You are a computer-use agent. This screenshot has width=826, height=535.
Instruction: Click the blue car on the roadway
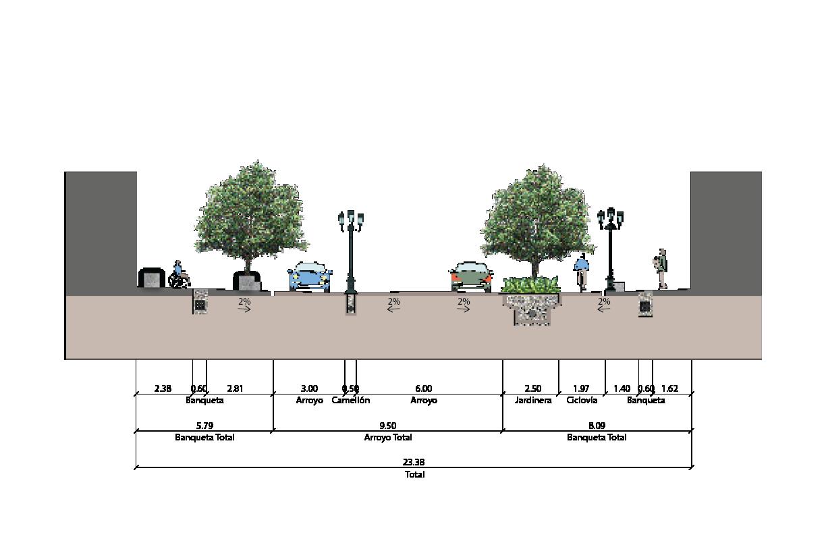tap(310, 277)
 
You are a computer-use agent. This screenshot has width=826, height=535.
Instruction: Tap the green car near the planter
tap(471, 276)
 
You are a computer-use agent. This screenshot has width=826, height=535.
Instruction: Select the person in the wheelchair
tap(179, 276)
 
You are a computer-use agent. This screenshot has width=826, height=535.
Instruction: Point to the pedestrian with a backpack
tap(663, 268)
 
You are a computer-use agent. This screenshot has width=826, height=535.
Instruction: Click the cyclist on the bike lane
tap(581, 272)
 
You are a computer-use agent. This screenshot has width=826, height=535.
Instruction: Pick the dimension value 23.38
tap(414, 462)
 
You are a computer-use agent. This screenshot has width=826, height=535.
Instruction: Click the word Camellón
tap(351, 401)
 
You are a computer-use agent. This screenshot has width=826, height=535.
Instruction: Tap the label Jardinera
tap(533, 401)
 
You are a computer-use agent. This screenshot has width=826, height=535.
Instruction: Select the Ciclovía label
tap(582, 401)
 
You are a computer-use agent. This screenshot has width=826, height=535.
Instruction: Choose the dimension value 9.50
tap(388, 426)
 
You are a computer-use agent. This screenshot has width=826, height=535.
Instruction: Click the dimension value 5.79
tap(204, 426)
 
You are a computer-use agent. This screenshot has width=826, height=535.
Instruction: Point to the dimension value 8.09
tap(597, 426)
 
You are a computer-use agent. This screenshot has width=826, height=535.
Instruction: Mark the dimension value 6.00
tap(424, 388)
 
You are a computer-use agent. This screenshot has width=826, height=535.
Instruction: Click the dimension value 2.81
tap(235, 388)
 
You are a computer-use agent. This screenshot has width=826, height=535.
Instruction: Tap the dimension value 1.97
tap(581, 388)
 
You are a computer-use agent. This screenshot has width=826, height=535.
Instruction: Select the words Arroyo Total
tap(388, 438)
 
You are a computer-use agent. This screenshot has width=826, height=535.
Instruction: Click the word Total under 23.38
tap(414, 475)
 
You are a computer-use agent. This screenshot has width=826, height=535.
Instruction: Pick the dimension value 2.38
tap(163, 388)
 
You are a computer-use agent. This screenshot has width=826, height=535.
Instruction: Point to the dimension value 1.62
tap(669, 388)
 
